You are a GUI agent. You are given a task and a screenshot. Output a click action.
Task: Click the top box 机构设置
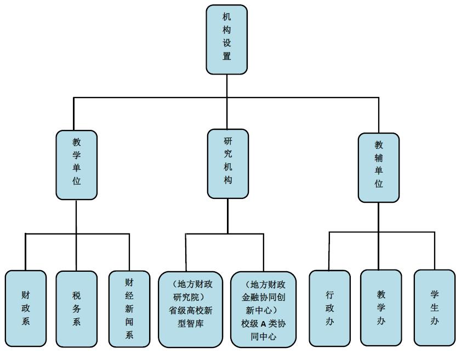[x=226, y=39]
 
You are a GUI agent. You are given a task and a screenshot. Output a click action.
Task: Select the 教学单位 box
[x=77, y=164]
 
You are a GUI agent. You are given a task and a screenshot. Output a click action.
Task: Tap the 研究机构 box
[x=228, y=163]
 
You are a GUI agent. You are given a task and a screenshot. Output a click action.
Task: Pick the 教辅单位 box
[x=379, y=167]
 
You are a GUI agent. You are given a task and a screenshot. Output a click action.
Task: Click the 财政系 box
[x=26, y=308]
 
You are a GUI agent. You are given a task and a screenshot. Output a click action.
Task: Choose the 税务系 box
[x=76, y=308]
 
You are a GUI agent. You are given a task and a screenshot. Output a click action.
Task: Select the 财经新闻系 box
[x=129, y=308]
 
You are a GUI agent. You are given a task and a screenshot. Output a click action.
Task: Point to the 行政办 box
[x=329, y=308]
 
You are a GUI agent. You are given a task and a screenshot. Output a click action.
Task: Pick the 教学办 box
[x=381, y=307]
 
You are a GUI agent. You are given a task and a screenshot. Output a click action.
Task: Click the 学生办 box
[x=434, y=307]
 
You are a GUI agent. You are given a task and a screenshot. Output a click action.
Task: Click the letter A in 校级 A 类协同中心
[x=264, y=324]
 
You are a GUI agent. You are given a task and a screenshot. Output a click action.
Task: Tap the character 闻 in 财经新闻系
[x=129, y=322]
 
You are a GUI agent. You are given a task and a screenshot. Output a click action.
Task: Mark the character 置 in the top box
[x=227, y=56]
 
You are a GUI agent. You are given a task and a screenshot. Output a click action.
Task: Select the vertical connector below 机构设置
[x=227, y=85]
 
